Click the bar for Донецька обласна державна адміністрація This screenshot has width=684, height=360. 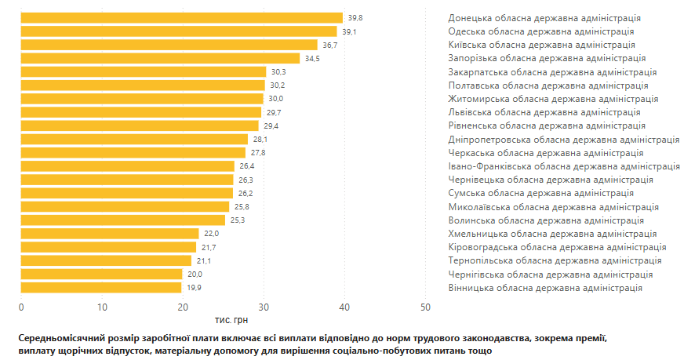click(x=181, y=17)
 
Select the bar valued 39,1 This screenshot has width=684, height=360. click(x=179, y=31)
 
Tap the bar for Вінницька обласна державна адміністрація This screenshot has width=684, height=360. click(x=101, y=288)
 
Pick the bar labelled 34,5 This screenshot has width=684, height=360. click(x=160, y=58)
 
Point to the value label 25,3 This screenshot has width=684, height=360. click(x=237, y=220)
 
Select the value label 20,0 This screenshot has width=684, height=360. click(x=195, y=275)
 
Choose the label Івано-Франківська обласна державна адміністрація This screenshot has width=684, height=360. click(x=563, y=166)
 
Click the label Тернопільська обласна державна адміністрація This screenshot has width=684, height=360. click(x=555, y=260)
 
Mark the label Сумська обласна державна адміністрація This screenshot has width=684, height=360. click(x=540, y=193)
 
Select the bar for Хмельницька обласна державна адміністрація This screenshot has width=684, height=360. click(x=110, y=234)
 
